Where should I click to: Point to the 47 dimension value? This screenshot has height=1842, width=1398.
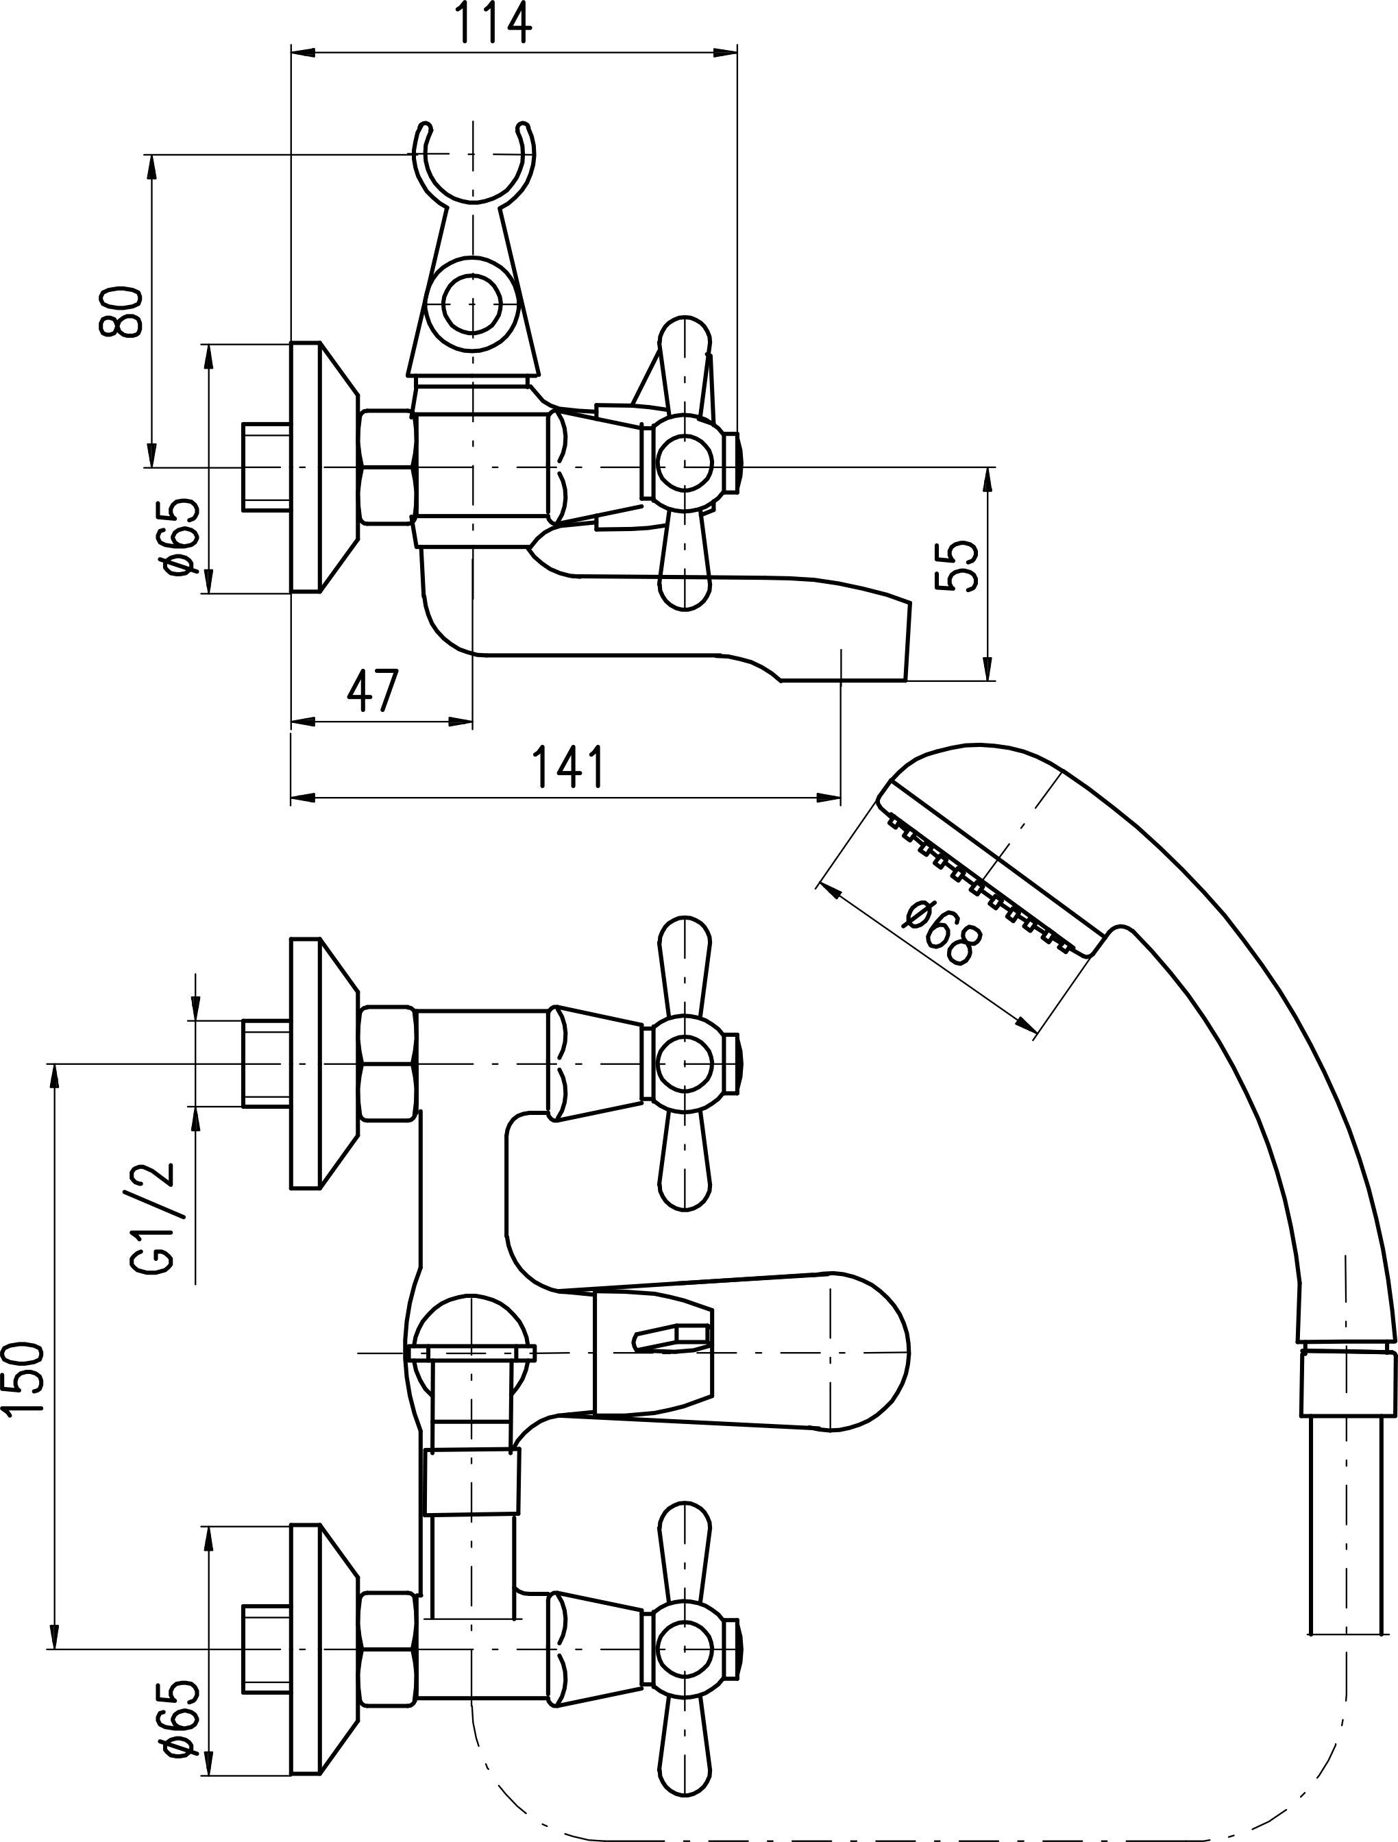372,690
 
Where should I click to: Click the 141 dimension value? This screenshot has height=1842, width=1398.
569,767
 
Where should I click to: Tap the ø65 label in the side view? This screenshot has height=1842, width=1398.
182,537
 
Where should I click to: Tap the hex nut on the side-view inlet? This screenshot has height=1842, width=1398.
388,467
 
